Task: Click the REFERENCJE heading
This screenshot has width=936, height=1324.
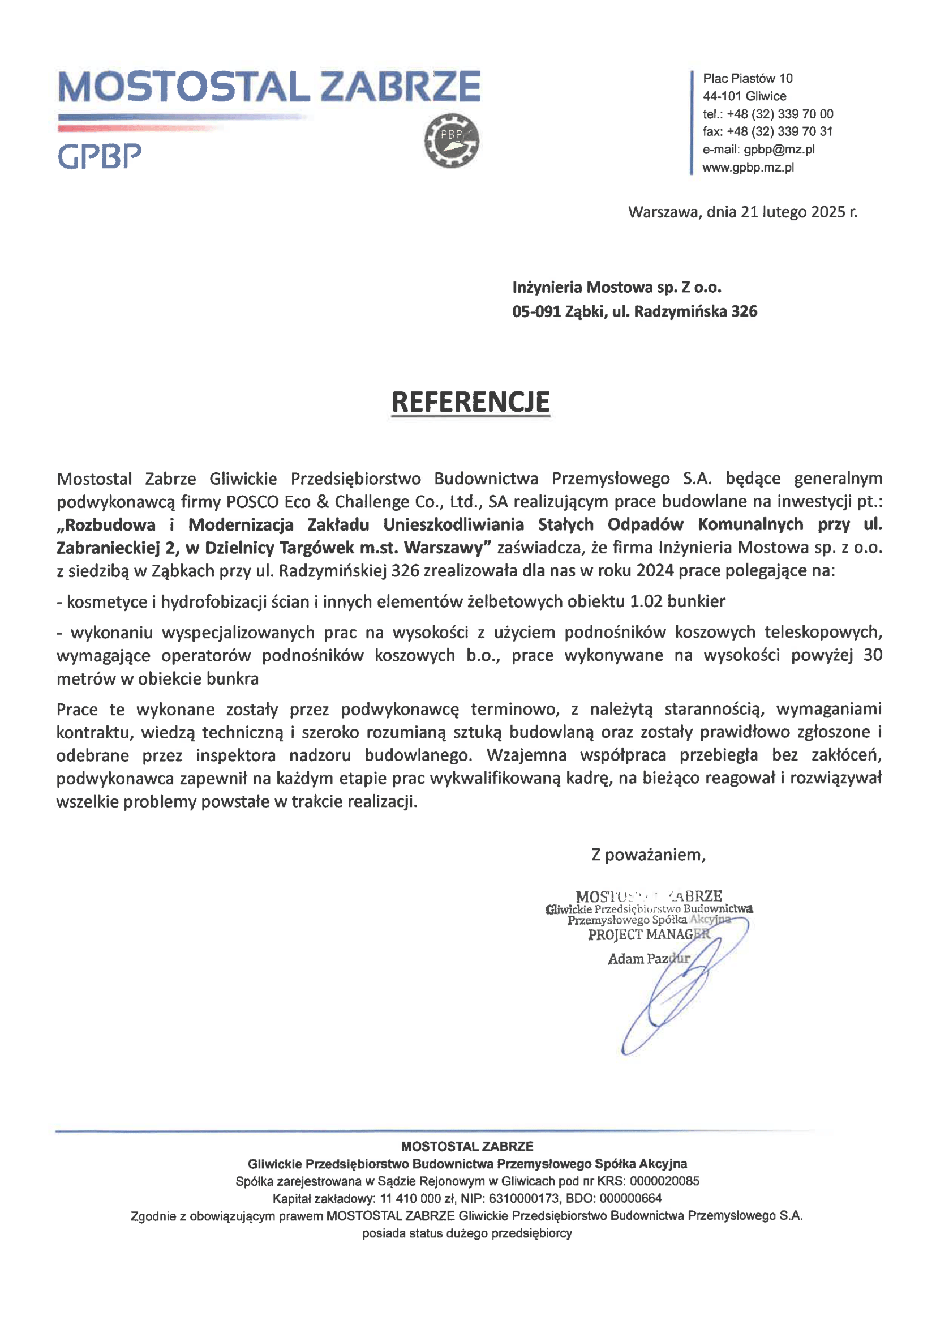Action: click(470, 402)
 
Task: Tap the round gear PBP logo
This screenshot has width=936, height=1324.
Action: click(452, 140)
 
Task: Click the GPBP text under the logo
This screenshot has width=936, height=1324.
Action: click(100, 156)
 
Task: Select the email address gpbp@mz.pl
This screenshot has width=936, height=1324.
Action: click(779, 150)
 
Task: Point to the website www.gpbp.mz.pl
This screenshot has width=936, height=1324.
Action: click(748, 167)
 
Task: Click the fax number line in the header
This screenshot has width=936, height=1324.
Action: click(767, 131)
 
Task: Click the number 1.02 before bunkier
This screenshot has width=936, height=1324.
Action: click(646, 601)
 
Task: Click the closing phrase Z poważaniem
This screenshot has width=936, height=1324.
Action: click(648, 855)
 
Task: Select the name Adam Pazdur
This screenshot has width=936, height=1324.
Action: click(649, 958)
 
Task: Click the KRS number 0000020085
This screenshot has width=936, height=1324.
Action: click(664, 1181)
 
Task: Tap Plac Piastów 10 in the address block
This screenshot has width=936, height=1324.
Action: click(747, 78)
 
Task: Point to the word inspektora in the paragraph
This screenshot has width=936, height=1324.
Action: click(235, 755)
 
